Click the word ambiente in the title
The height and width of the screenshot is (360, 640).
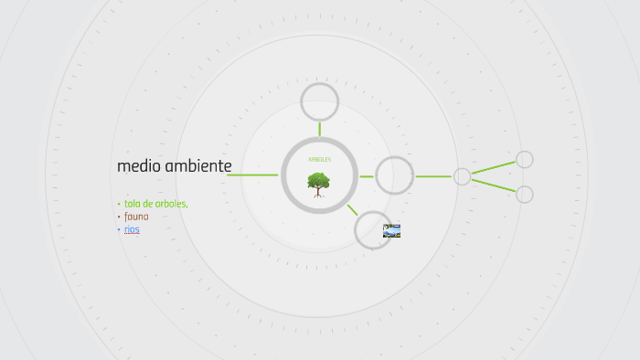pyautogui.click(x=198, y=165)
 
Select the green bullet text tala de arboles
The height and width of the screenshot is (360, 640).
pyautogui.click(x=156, y=204)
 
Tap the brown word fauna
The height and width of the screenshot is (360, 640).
pyautogui.click(x=136, y=217)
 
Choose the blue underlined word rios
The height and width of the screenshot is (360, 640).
pyautogui.click(x=132, y=229)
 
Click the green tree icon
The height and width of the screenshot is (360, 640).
pyautogui.click(x=319, y=183)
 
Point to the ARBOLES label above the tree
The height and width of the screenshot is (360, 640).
pyautogui.click(x=319, y=160)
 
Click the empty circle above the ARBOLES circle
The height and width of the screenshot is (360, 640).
pyautogui.click(x=320, y=101)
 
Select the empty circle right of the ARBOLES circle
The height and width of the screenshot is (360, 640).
pyautogui.click(x=395, y=175)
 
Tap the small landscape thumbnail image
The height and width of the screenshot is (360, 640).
pyautogui.click(x=391, y=230)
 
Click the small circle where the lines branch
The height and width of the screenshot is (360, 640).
pyautogui.click(x=463, y=176)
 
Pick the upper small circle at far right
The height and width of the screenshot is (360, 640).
pyautogui.click(x=525, y=160)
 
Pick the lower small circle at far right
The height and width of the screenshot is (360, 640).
pyautogui.click(x=525, y=195)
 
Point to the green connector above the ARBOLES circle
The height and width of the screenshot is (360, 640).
pyautogui.click(x=320, y=129)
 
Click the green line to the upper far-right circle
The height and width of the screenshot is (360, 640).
pyautogui.click(x=494, y=168)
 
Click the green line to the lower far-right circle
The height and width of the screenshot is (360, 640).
pyautogui.click(x=494, y=185)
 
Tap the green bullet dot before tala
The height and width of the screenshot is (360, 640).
pyautogui.click(x=119, y=204)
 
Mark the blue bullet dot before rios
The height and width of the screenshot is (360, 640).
pyautogui.click(x=119, y=230)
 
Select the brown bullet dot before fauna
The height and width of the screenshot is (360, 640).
pyautogui.click(x=119, y=217)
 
